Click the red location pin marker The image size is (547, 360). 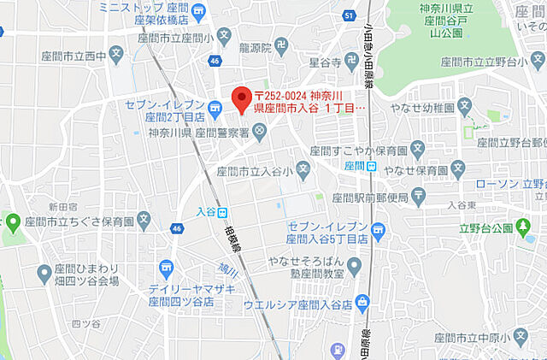[x=242, y=97]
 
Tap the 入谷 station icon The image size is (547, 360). [x=222, y=212]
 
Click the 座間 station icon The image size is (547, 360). [x=371, y=165]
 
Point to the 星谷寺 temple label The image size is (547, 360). [x=325, y=62]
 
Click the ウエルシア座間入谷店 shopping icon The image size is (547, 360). [x=362, y=301]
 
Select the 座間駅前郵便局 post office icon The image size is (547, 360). [x=419, y=198]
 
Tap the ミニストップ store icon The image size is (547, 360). [x=199, y=11]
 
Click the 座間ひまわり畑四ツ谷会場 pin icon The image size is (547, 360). [x=44, y=274]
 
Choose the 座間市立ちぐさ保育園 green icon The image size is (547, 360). [x=13, y=223]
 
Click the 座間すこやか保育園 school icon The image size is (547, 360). [x=417, y=150]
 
